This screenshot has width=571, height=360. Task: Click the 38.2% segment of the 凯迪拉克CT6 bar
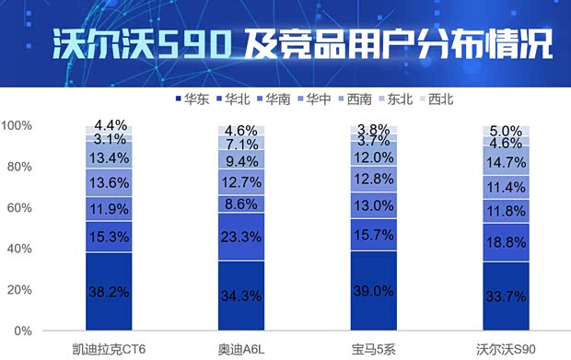click(x=109, y=291)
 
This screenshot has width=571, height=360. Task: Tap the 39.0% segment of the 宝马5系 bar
click(x=374, y=290)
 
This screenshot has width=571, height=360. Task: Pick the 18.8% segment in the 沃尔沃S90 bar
click(x=507, y=242)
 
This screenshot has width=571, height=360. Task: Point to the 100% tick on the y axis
click(x=17, y=125)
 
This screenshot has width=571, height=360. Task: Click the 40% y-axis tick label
click(x=20, y=249)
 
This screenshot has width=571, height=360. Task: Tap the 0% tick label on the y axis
click(x=24, y=331)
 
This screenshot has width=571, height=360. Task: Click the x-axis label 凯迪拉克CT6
click(x=109, y=349)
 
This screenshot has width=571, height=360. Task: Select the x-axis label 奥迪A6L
click(x=241, y=349)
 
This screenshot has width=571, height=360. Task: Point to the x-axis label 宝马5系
click(x=374, y=349)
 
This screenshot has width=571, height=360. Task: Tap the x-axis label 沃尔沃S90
click(x=507, y=349)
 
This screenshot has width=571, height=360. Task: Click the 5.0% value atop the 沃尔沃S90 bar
click(x=507, y=131)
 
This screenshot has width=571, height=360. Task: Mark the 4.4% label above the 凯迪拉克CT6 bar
click(x=109, y=125)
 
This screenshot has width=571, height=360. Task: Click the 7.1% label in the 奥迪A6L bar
click(x=241, y=145)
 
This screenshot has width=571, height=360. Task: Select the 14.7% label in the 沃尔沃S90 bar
click(x=507, y=161)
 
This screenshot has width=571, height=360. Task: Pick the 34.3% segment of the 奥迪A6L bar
click(x=241, y=296)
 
